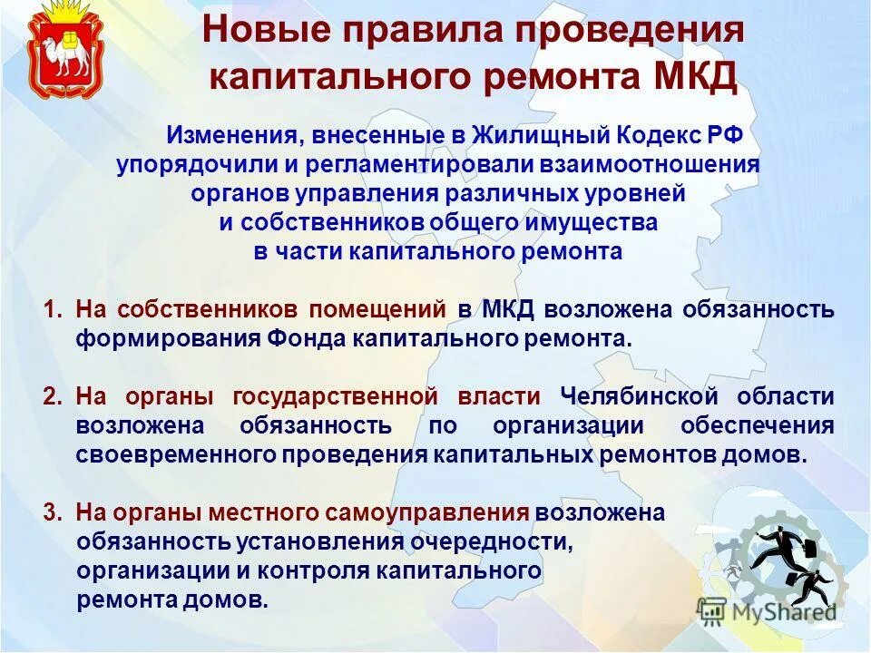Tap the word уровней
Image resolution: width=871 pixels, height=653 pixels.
point(639,193)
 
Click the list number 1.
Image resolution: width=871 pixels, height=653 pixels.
point(51,309)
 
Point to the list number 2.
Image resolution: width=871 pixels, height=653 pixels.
point(51,396)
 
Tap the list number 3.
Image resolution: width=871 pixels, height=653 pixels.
point(51,512)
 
